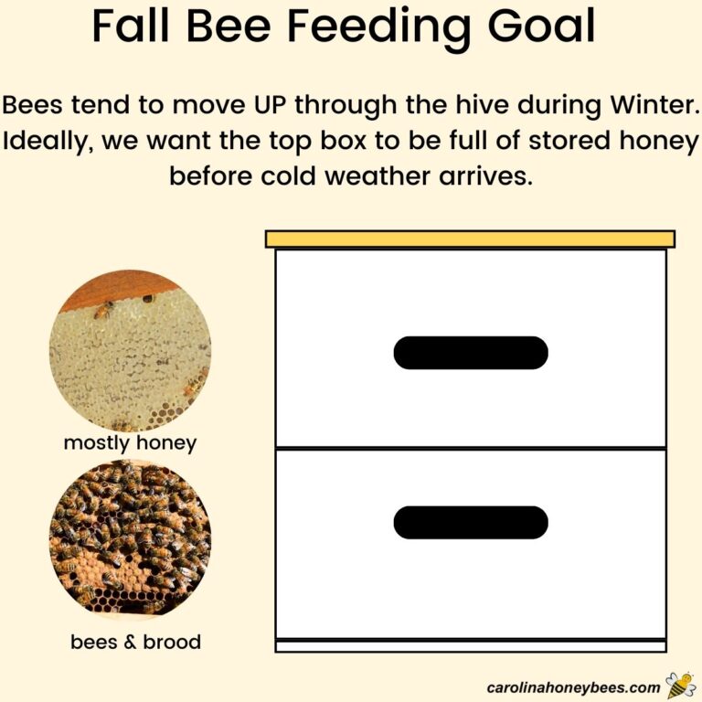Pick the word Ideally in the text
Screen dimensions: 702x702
click(47, 142)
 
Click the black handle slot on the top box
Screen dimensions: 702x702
click(471, 353)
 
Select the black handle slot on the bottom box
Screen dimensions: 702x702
click(471, 522)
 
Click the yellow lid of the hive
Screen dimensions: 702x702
click(470, 239)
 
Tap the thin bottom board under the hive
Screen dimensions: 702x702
click(471, 646)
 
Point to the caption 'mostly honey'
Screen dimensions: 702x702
click(130, 443)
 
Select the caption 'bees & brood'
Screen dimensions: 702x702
click(135, 643)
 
